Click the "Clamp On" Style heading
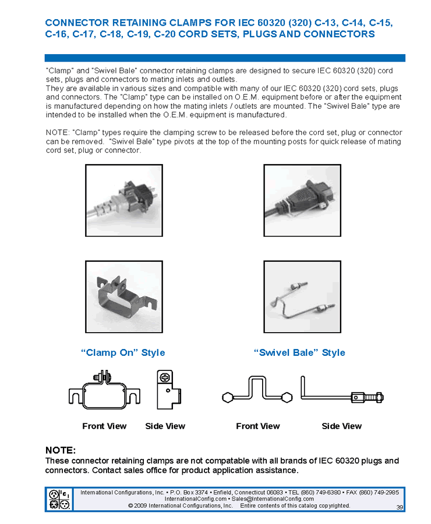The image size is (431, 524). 123,352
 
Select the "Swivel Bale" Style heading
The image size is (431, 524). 299,352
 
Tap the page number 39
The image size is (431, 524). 400,507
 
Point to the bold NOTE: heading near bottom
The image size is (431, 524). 61,450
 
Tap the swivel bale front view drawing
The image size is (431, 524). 257,392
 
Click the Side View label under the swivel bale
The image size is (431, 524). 342,426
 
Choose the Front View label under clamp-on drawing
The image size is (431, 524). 104,426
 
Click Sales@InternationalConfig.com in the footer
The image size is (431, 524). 273,498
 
